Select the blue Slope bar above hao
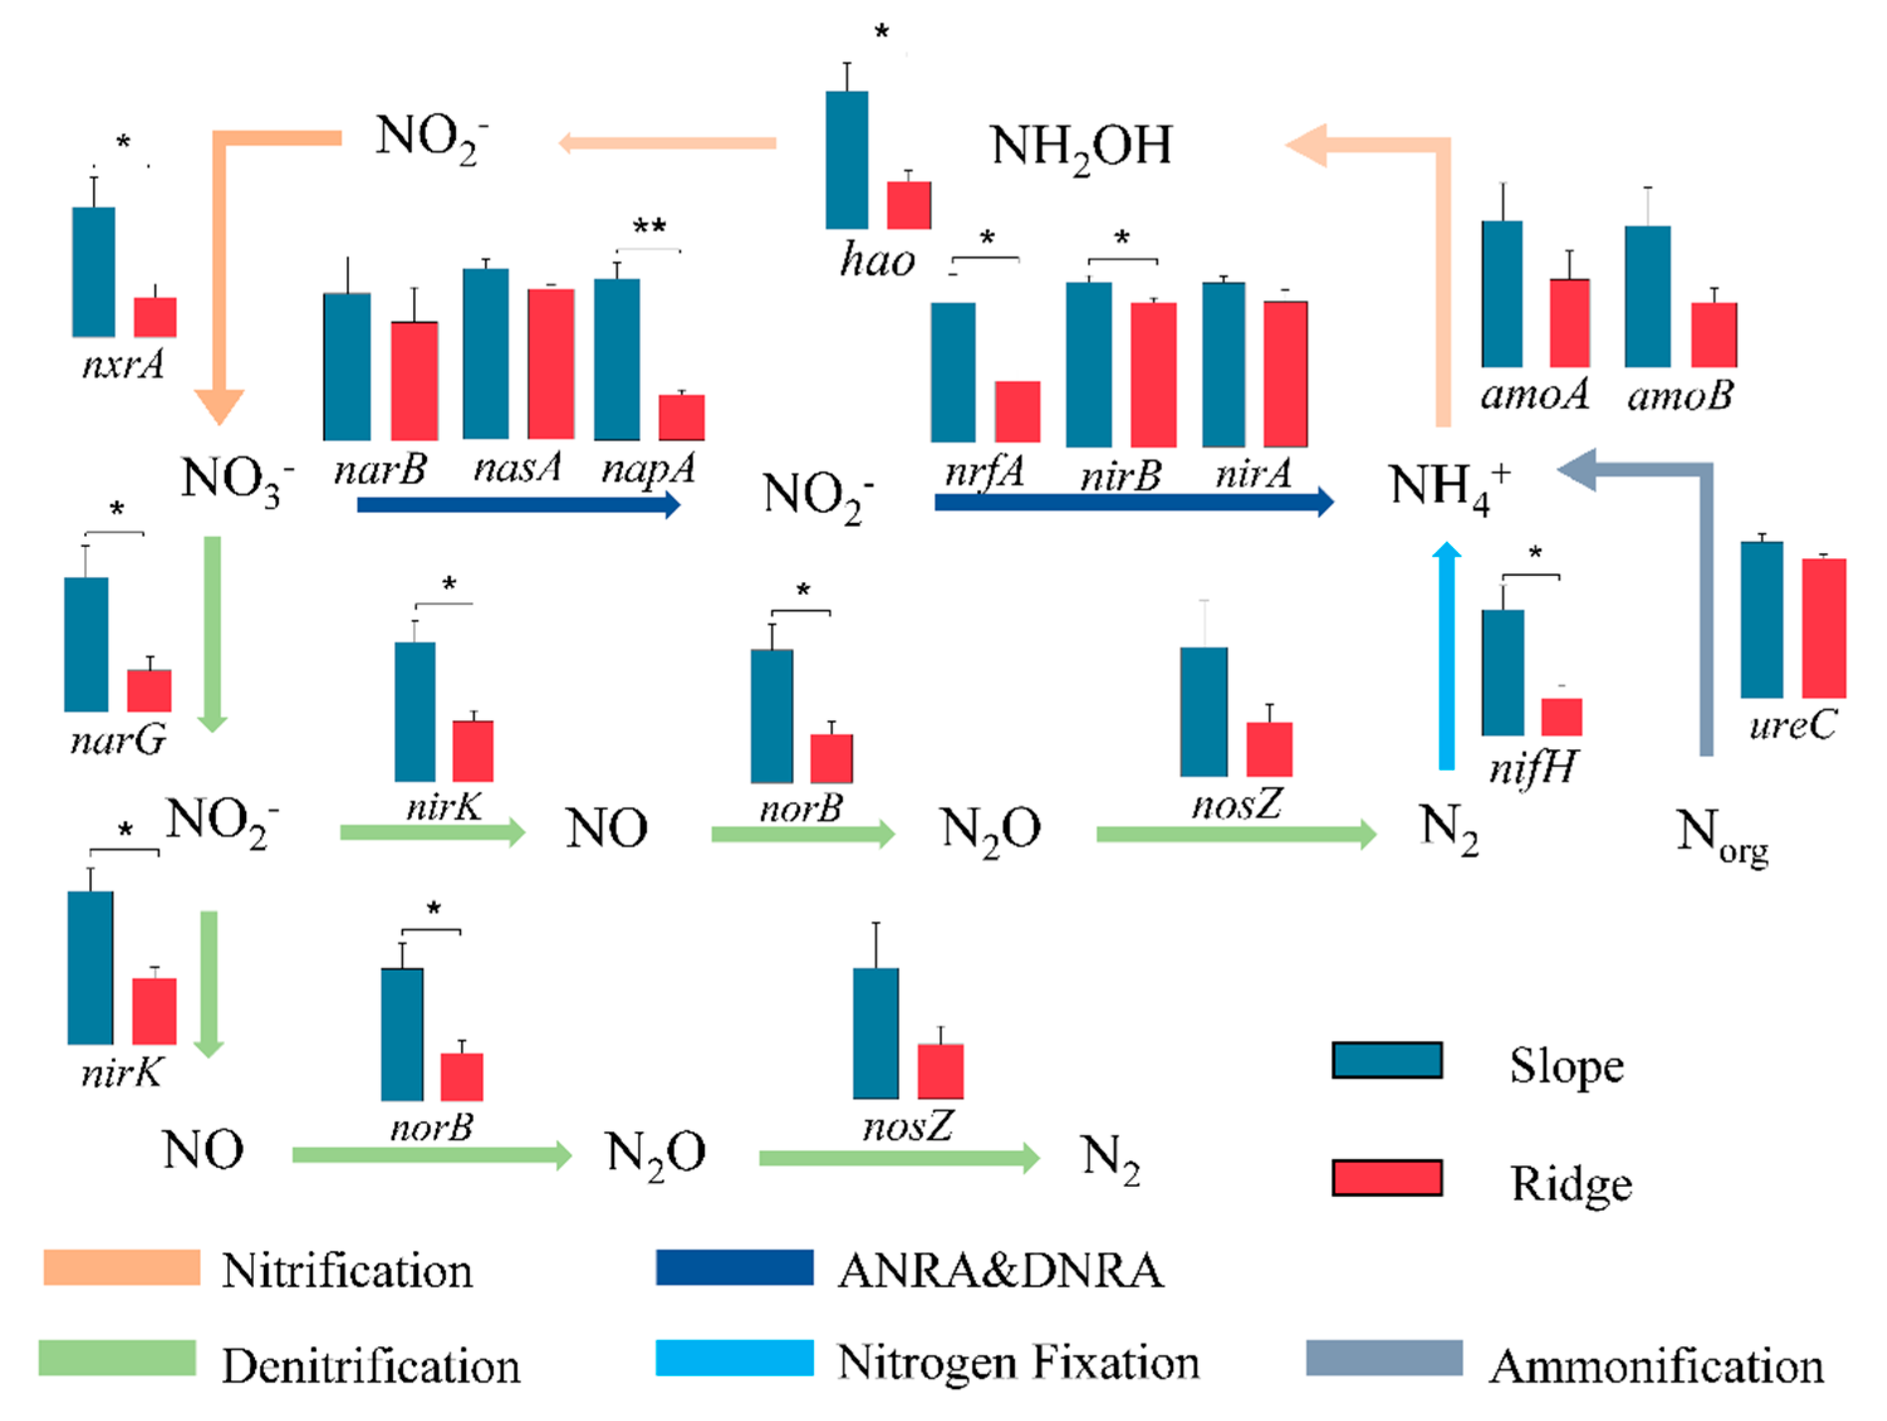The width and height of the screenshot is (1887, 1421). pyautogui.click(x=846, y=159)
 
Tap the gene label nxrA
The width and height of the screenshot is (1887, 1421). pyautogui.click(x=123, y=365)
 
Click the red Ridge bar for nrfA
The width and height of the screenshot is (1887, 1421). pyautogui.click(x=1017, y=411)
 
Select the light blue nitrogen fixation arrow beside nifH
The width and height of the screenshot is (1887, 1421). pyautogui.click(x=1446, y=657)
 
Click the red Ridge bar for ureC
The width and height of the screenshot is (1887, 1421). pyautogui.click(x=1824, y=628)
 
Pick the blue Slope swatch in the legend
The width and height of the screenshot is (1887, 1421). pyautogui.click(x=1387, y=1060)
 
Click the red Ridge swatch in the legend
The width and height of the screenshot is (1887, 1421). pyautogui.click(x=1387, y=1178)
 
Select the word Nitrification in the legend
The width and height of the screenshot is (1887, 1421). pyautogui.click(x=347, y=1271)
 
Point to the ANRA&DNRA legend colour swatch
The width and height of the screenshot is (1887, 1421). pyautogui.click(x=735, y=1267)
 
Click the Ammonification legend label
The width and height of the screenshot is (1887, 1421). pyautogui.click(x=1657, y=1366)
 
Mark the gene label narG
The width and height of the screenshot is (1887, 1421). pyautogui.click(x=117, y=740)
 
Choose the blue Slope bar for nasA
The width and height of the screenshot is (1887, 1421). pyautogui.click(x=485, y=354)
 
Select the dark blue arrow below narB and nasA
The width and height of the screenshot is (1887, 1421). pyautogui.click(x=518, y=505)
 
